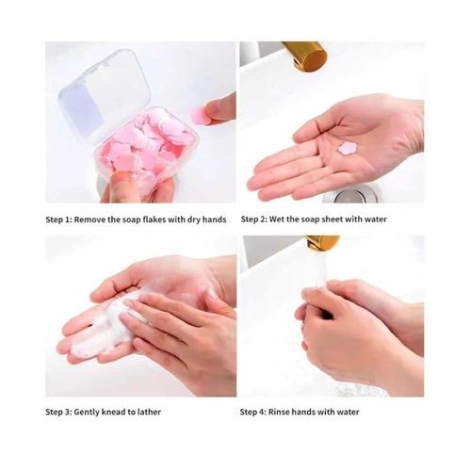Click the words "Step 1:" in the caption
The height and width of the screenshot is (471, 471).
click(64, 219)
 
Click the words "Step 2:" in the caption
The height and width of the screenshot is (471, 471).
click(259, 219)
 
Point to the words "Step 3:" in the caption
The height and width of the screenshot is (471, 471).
click(64, 412)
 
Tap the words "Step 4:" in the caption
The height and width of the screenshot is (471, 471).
click(259, 412)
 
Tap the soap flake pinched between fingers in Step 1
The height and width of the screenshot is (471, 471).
click(200, 112)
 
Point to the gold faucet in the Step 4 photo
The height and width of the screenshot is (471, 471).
click(320, 243)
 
